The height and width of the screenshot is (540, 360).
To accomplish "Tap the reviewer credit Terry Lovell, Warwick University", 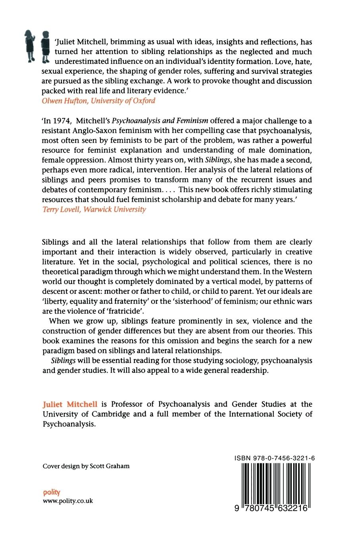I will (x=94, y=209).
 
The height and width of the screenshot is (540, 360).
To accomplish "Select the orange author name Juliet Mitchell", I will (x=70, y=404).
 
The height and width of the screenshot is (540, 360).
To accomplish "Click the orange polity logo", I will (x=51, y=492).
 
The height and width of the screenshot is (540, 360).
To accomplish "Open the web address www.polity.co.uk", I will (x=67, y=501).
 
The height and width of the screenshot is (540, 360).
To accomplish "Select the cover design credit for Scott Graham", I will (x=86, y=466).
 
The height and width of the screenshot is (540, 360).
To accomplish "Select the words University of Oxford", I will (x=123, y=100).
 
